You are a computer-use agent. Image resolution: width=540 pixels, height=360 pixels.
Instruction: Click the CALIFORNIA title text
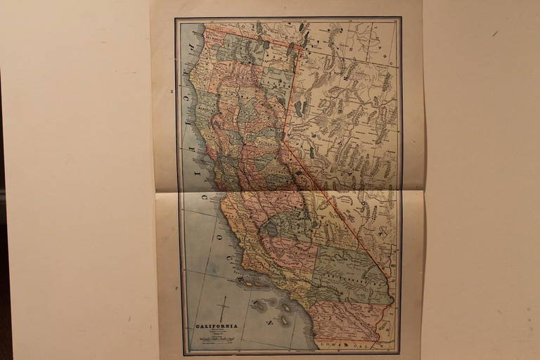coord(217,326)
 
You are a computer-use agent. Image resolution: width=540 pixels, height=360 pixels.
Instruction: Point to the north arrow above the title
coord(224,309)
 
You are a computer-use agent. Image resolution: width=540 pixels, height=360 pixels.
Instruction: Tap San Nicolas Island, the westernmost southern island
coord(261,304)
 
